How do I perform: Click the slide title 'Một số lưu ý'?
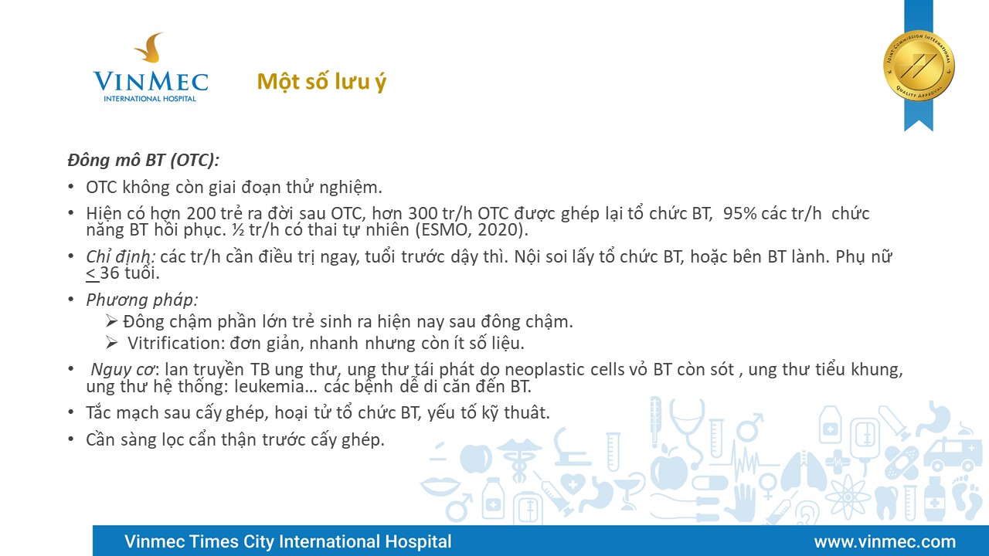click(x=321, y=83)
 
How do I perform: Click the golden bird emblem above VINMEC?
click(x=150, y=48)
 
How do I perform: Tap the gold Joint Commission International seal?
click(x=919, y=66)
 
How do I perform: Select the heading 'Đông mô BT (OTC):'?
click(x=144, y=160)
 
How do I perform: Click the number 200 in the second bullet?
click(x=201, y=214)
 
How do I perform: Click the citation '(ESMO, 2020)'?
click(x=471, y=230)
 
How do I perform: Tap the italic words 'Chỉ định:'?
click(x=121, y=257)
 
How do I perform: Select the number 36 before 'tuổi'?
click(x=110, y=273)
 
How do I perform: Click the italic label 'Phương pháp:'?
click(x=142, y=300)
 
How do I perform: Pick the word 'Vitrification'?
click(x=175, y=344)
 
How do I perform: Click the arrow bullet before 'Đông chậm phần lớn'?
click(x=112, y=320)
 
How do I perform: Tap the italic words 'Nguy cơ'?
click(x=123, y=370)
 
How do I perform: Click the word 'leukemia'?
click(x=270, y=387)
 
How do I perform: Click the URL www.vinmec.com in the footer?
click(x=885, y=541)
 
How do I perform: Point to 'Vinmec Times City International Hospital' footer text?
click(x=288, y=541)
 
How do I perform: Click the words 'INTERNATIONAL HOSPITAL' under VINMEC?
click(x=150, y=98)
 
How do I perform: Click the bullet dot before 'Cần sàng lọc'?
click(x=71, y=439)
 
